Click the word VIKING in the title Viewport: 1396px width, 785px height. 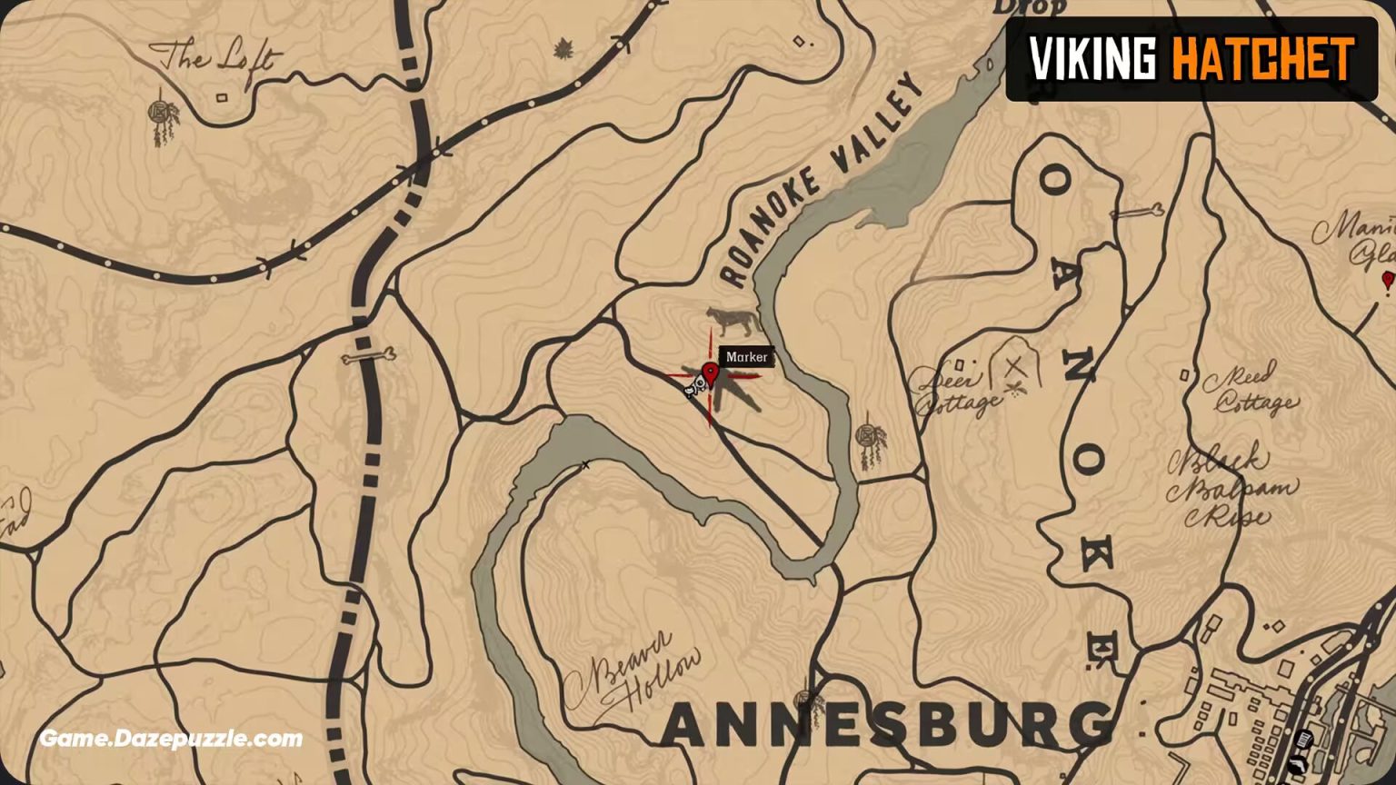point(1092,59)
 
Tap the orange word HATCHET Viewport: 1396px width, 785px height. point(1263,59)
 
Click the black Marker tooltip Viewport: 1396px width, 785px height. point(747,357)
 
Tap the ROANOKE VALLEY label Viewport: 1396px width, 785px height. point(821,181)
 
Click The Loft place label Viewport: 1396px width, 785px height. point(215,59)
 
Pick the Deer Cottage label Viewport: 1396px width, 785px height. point(951,391)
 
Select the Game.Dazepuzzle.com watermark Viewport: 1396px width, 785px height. point(171,739)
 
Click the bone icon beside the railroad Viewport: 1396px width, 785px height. point(368,357)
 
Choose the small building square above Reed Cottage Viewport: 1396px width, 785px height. point(1186,374)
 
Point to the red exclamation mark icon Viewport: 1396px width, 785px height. point(1387,281)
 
